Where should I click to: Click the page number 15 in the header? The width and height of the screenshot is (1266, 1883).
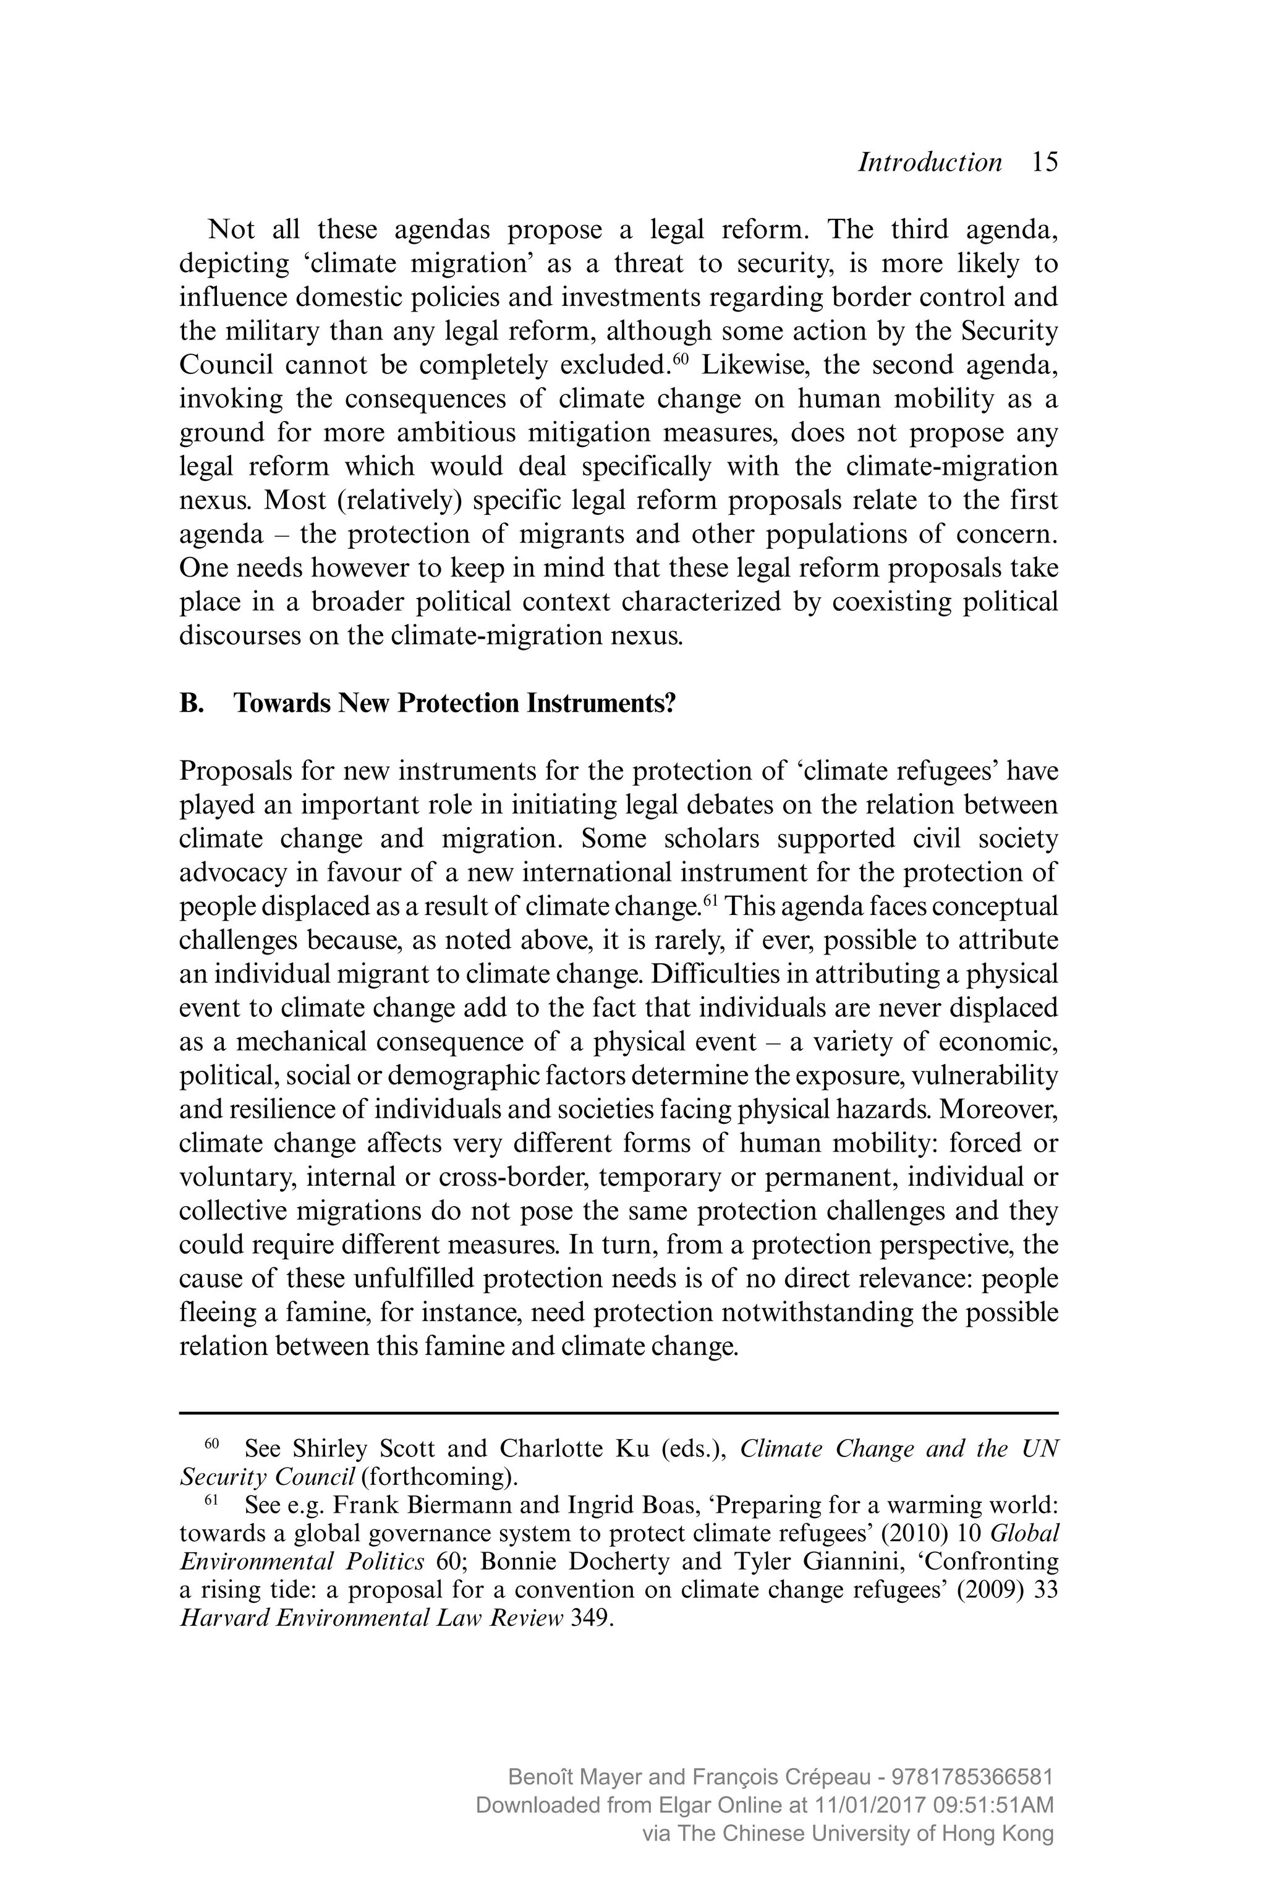[x=1044, y=163]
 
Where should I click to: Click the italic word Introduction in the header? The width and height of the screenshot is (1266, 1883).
[x=929, y=163]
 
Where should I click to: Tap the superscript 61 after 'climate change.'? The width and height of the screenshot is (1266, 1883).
[x=710, y=899]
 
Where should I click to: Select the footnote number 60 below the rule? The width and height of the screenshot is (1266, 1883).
[x=211, y=1442]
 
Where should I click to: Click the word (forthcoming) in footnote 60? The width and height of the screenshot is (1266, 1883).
[x=438, y=1477]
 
